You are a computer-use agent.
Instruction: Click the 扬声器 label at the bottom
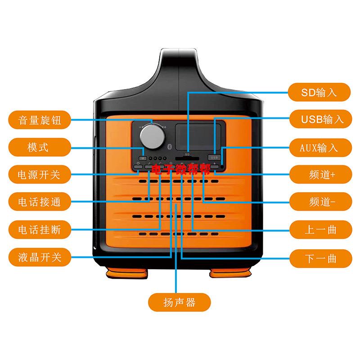coord(179,302)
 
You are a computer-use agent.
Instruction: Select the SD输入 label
coord(319,93)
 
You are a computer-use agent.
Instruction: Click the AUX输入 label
coord(319,148)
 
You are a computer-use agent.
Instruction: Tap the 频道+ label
coord(319,174)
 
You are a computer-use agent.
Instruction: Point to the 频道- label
coord(319,201)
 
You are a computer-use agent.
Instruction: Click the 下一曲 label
coord(319,258)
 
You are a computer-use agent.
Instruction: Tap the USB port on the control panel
coord(214,157)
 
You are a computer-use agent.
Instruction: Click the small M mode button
coord(143,158)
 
